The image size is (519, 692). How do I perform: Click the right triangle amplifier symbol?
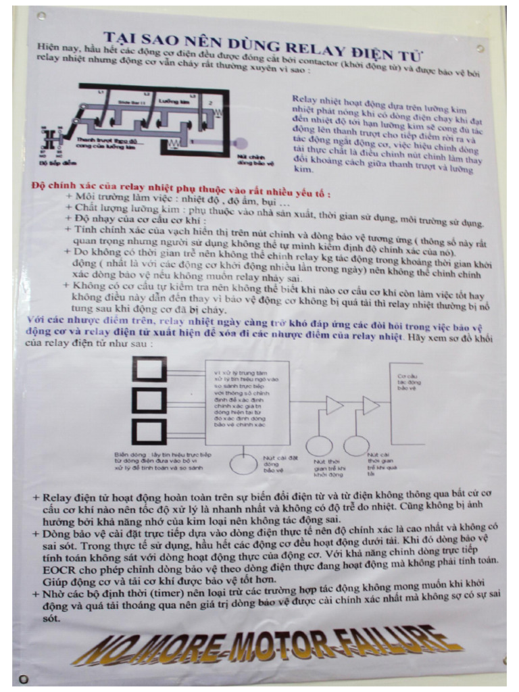point(372,405)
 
